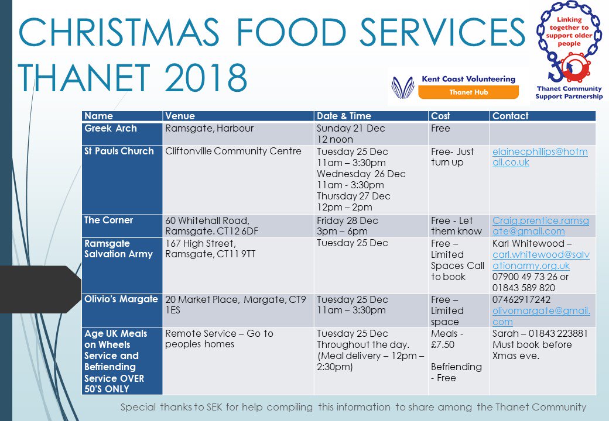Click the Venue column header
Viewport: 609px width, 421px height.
[180, 116]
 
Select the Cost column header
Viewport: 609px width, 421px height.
[440, 116]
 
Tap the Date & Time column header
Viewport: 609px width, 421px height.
[344, 116]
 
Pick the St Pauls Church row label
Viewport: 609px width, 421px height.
[119, 151]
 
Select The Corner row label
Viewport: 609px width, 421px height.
[108, 220]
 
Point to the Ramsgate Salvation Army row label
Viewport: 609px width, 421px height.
[118, 249]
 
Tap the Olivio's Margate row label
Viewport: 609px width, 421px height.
[121, 299]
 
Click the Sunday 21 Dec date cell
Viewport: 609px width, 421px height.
[351, 128]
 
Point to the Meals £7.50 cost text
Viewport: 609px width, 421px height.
[448, 339]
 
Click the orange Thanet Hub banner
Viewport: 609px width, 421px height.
[468, 92]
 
